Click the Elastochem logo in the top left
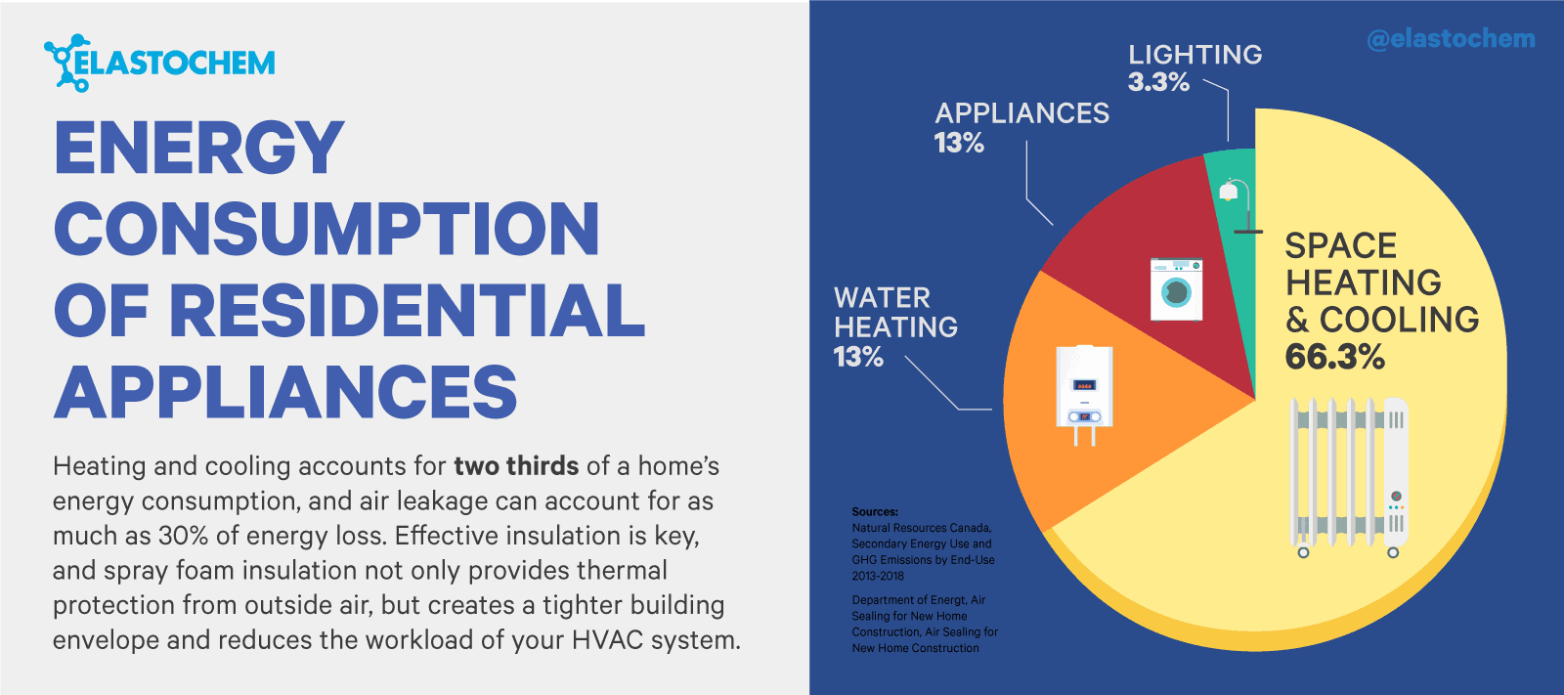pos(159,63)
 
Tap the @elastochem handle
pos(1451,39)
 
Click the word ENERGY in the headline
pos(199,148)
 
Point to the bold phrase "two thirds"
pos(516,466)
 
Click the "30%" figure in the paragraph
pos(183,536)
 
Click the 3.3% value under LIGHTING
pos(1158,82)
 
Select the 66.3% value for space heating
pos(1334,356)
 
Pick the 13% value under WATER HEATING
pos(858,357)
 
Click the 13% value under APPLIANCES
pos(959,143)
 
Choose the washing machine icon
pos(1177,289)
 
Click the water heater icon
pos(1084,395)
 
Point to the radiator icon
pos(1348,478)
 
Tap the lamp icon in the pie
pos(1240,206)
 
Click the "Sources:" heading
pos(875,512)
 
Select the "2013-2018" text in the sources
pos(878,577)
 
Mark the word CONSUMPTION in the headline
pos(326,229)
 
